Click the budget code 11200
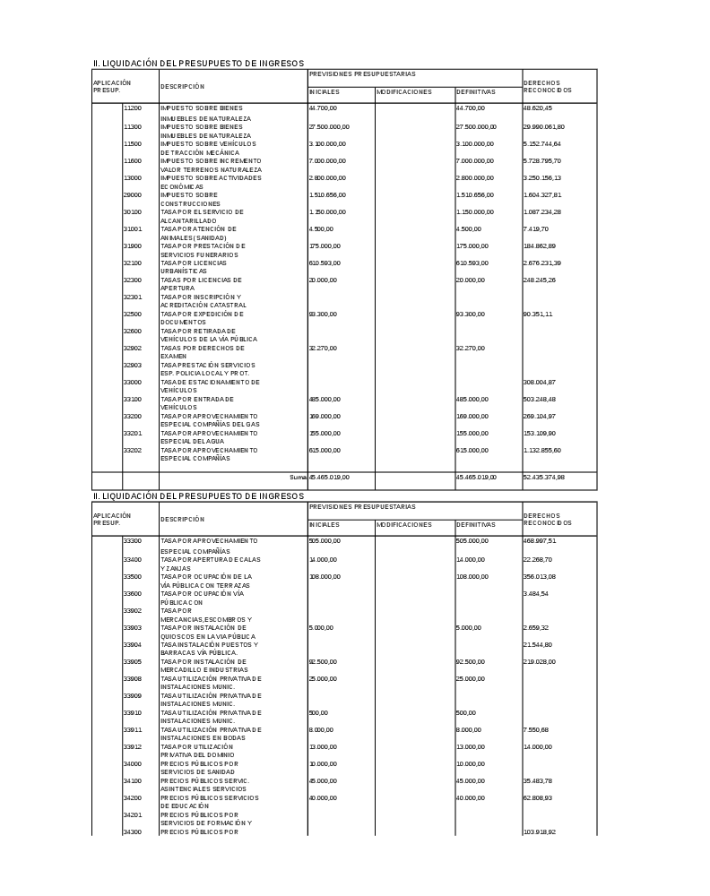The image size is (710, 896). pos(133,108)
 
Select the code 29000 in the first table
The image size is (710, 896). pos(133,194)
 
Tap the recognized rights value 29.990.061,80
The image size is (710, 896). pos(544,126)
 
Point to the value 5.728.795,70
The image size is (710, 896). pos(542,160)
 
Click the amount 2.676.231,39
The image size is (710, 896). pos(542,263)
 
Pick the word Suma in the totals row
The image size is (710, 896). pos(298,478)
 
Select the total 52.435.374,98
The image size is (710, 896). pos(544,478)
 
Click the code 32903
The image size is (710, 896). pos(133,365)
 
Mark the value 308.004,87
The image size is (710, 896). pos(540,382)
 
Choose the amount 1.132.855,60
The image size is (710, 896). pos(542,450)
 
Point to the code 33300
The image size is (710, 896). pos(133,541)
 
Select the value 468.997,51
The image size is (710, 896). pos(540,541)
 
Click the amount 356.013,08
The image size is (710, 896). pos(540,576)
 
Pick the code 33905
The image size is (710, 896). pos(133,661)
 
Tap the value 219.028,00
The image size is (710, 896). pos(540,661)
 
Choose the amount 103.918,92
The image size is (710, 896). pos(540,832)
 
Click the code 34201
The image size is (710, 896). pos(133,814)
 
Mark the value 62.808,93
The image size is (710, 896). pos(538,797)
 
